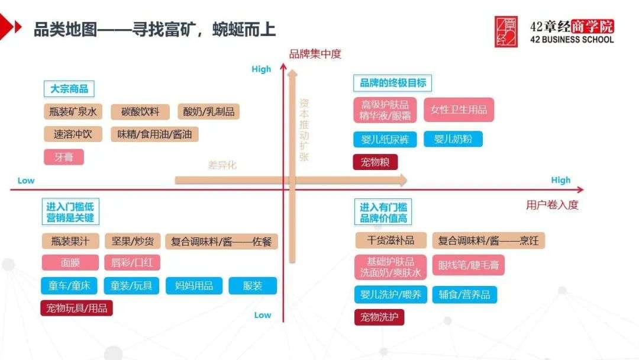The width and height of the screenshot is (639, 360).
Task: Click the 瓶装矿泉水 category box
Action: click(x=73, y=112)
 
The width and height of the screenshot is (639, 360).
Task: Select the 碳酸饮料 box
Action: click(x=140, y=112)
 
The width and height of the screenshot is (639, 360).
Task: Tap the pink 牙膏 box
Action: click(x=64, y=157)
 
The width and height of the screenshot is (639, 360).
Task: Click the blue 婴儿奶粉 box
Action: click(x=453, y=139)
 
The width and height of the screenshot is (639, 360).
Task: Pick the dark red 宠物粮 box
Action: click(x=375, y=162)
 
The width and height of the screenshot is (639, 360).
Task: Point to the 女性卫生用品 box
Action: click(x=459, y=110)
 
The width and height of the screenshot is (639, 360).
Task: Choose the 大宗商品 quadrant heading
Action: click(x=69, y=89)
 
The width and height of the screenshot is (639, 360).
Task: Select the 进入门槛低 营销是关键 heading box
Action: click(x=70, y=212)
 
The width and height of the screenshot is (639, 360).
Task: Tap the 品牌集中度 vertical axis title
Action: click(x=315, y=54)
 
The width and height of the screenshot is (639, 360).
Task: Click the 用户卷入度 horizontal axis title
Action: click(x=552, y=205)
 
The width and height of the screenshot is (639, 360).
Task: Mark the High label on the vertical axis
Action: click(x=261, y=69)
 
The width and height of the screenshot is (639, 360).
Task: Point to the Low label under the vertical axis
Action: click(x=262, y=315)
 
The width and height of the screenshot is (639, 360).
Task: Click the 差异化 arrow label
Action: click(x=222, y=165)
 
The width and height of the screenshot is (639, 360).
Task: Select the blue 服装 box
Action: click(x=253, y=285)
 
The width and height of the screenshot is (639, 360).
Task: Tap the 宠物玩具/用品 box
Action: click(x=76, y=308)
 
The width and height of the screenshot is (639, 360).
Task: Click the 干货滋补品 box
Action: click(x=391, y=240)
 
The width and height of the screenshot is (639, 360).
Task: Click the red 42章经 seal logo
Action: click(x=506, y=32)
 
